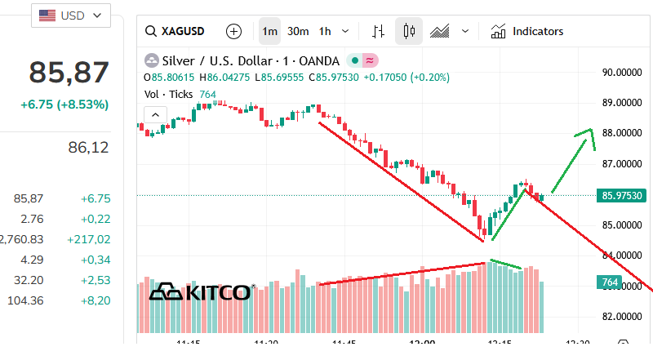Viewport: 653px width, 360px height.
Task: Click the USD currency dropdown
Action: pyautogui.click(x=70, y=16)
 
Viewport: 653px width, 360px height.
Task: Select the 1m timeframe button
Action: pyautogui.click(x=270, y=32)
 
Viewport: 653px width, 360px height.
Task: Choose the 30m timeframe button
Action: pyautogui.click(x=298, y=32)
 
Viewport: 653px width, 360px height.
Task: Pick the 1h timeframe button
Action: pyautogui.click(x=325, y=32)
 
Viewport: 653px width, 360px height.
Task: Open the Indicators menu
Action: pyautogui.click(x=527, y=32)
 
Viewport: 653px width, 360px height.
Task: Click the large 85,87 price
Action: pyautogui.click(x=69, y=73)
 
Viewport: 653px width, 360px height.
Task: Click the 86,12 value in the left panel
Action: pyautogui.click(x=89, y=148)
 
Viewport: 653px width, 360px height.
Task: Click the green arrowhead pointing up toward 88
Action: pyautogui.click(x=587, y=136)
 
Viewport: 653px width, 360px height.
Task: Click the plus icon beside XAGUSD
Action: pyautogui.click(x=234, y=32)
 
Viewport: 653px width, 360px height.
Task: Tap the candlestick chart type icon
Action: pyautogui.click(x=409, y=32)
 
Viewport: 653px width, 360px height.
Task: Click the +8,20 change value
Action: pyautogui.click(x=96, y=300)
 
